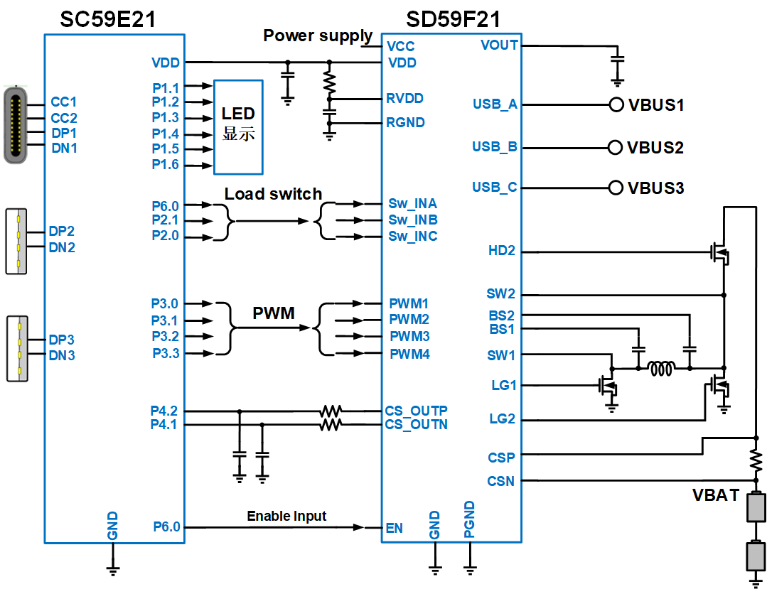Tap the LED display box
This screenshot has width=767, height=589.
pyautogui.click(x=238, y=127)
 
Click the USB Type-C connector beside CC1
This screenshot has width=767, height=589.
pyautogui.click(x=15, y=125)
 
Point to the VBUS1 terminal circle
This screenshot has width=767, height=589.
pyautogui.click(x=616, y=105)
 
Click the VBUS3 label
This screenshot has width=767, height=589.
pyautogui.click(x=656, y=188)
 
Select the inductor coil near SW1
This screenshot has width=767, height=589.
pyautogui.click(x=663, y=369)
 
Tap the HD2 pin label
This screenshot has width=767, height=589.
pyautogui.click(x=502, y=251)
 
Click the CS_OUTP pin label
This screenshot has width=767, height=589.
pyautogui.click(x=417, y=411)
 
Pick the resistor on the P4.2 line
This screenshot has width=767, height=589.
pyautogui.click(x=331, y=411)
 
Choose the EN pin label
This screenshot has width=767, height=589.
pyautogui.click(x=395, y=528)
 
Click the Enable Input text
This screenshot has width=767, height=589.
pyautogui.click(x=286, y=516)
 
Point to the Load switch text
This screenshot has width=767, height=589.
pyautogui.click(x=273, y=194)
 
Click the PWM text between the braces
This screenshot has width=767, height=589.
pyautogui.click(x=274, y=313)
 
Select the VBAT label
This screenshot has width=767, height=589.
pyautogui.click(x=716, y=496)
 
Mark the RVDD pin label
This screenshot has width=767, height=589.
pyautogui.click(x=405, y=98)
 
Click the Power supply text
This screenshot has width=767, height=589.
pyautogui.click(x=318, y=36)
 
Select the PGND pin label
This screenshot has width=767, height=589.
pyautogui.click(x=469, y=519)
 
